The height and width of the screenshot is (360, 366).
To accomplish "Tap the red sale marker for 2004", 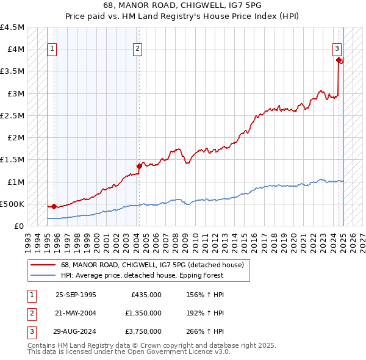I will (139, 166).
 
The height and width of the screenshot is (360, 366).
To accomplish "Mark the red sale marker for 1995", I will (54, 206).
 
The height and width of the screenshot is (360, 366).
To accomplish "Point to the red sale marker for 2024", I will (339, 60).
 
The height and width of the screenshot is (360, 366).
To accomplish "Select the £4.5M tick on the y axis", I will (13, 27).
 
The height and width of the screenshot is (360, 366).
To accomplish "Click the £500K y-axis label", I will (13, 204).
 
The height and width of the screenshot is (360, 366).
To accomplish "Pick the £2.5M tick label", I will (13, 115).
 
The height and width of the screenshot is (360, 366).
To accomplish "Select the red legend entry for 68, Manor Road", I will (152, 265).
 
